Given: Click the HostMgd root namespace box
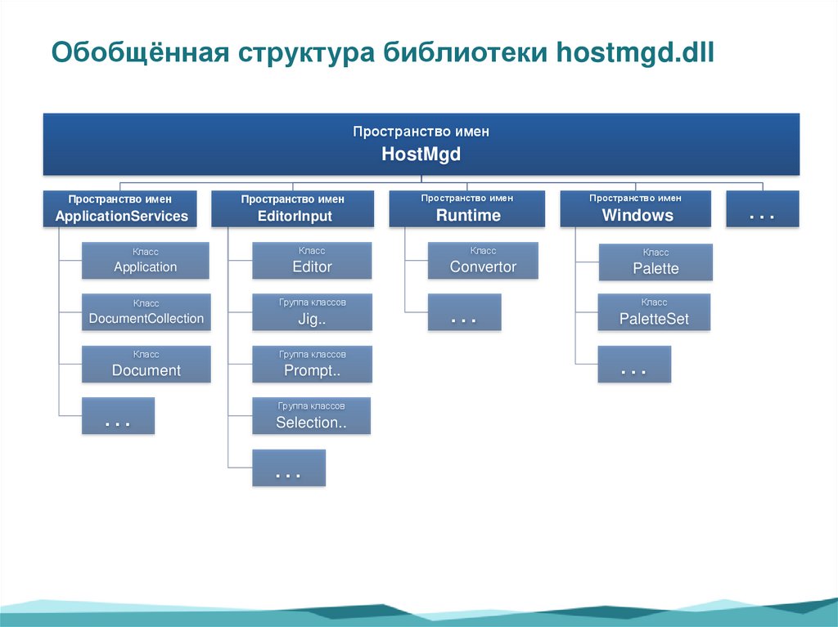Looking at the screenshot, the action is [421, 144].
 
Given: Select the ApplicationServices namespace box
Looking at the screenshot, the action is [121, 208].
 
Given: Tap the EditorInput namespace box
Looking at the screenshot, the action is [292, 208].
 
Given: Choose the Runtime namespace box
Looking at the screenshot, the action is [467, 208].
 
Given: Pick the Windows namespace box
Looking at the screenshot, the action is [638, 208].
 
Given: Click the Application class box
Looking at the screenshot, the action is [146, 261].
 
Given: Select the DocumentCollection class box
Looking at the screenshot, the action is [146, 312].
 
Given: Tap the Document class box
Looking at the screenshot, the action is [146, 364].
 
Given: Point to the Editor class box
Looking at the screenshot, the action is [312, 261].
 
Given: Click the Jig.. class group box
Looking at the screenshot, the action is [312, 312].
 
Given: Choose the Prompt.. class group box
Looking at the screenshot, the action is [312, 364].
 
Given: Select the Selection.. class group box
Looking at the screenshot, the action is [312, 415].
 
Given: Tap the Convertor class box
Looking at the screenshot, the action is [483, 261].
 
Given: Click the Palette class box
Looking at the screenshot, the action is [656, 262].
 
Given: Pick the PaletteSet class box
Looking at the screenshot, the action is [654, 312].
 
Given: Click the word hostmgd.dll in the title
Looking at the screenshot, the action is [636, 53].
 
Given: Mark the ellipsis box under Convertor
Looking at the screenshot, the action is [464, 312].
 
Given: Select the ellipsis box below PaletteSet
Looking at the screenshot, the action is [634, 365].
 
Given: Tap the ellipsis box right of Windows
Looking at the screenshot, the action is [762, 208].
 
